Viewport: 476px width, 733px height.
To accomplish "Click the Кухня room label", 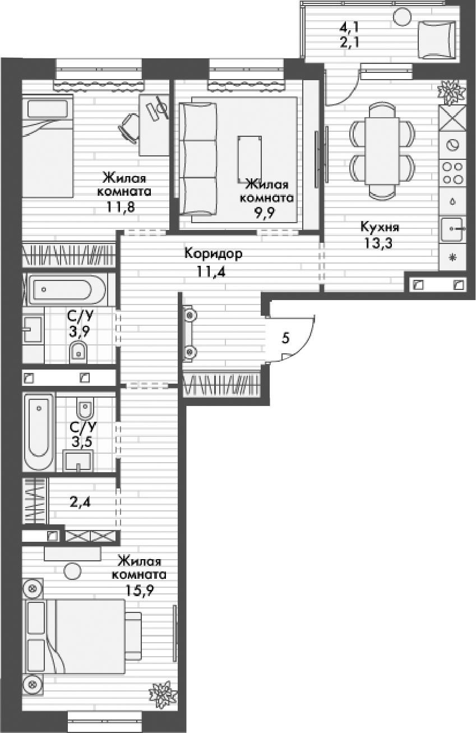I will coord(380,227).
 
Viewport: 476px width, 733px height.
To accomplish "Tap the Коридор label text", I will coord(213,254).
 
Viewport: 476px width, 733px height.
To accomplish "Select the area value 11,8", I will coord(124,205).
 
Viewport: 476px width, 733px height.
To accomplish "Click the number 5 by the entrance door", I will coord(285,338).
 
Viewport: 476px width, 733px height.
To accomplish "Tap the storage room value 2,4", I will coord(80,501).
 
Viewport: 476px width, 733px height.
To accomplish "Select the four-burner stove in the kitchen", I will coord(452,172).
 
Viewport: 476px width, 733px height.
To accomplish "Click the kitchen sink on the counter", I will coord(452,229).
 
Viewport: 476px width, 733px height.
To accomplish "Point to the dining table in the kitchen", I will coord(382,151).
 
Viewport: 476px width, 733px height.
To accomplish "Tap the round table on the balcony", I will coord(403,16).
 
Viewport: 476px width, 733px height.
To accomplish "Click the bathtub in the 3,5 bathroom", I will coord(38,432).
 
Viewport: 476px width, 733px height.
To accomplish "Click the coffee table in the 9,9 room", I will coord(249,158).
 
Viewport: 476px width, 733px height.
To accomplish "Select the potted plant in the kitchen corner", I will coord(451,91).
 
